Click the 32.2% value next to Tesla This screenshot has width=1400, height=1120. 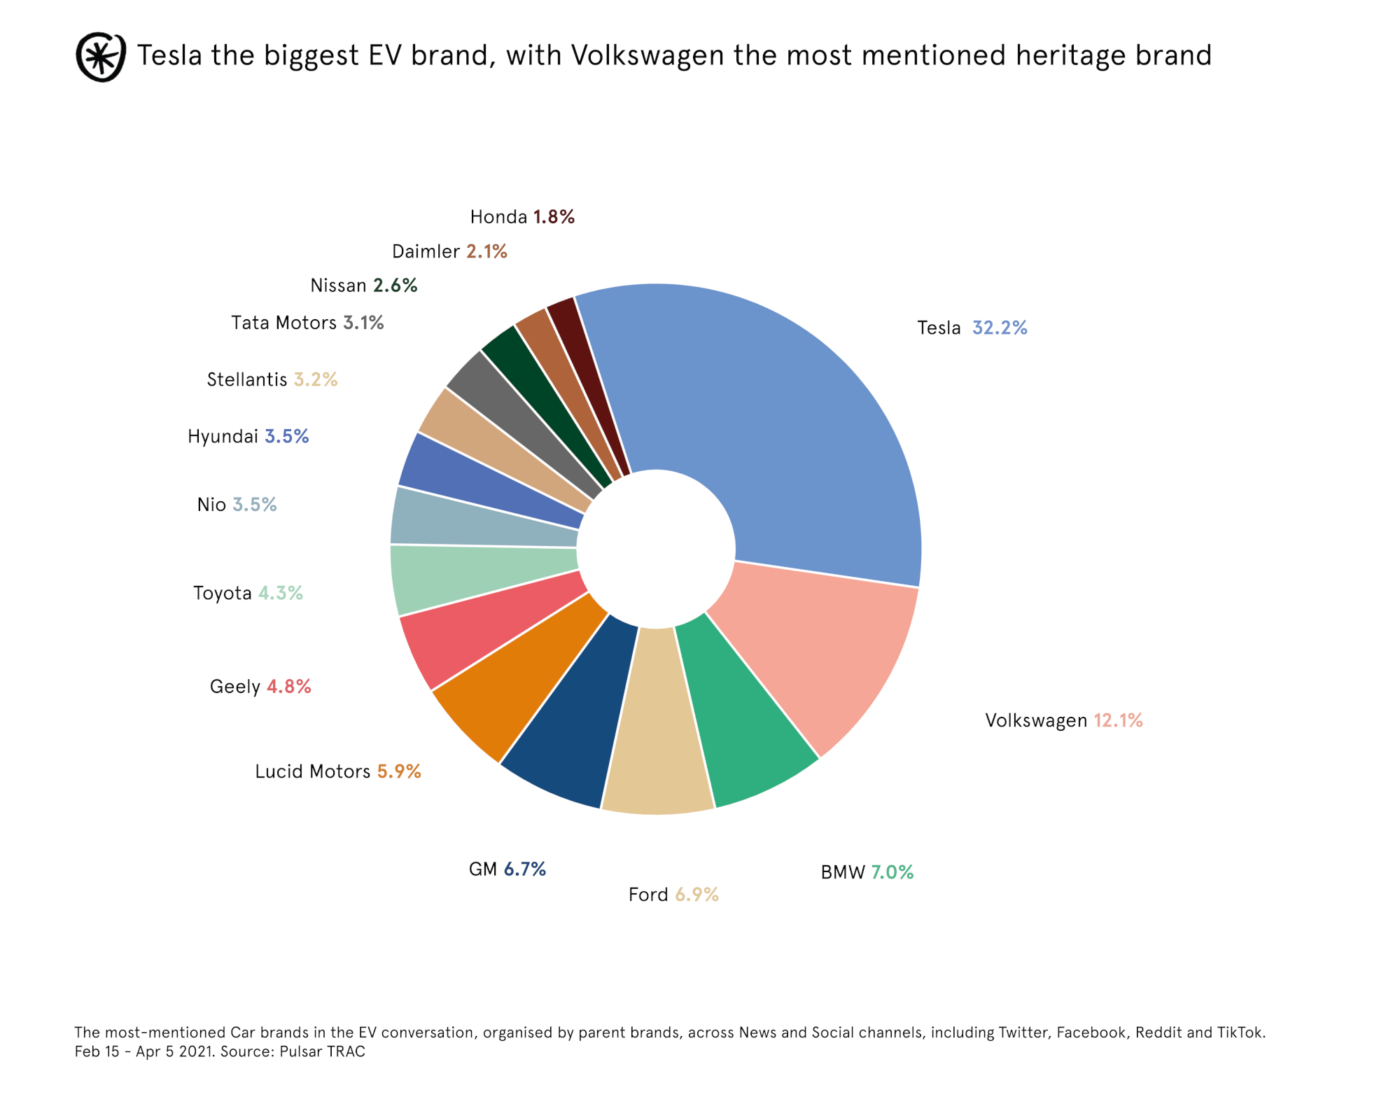999,328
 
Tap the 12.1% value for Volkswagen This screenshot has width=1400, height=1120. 1118,720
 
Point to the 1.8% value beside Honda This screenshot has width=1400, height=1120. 554,217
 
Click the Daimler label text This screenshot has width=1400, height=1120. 426,251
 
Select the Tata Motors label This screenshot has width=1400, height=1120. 283,323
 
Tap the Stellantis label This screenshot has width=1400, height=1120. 246,379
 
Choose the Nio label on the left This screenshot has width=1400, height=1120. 211,505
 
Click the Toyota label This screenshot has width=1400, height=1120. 222,593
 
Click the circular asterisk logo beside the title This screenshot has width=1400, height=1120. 101,57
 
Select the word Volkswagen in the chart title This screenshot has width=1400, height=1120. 647,55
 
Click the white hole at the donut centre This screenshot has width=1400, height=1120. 656,547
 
